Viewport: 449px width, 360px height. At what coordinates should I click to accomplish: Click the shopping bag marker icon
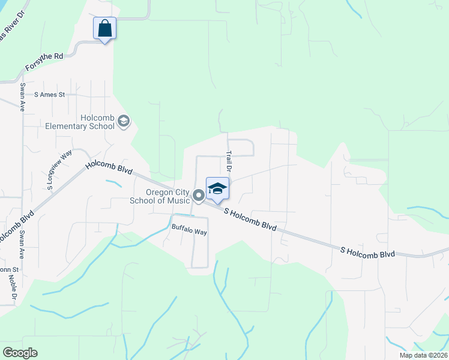pyautogui.click(x=104, y=28)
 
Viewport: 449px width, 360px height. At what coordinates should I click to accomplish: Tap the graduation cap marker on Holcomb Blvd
pyautogui.click(x=217, y=188)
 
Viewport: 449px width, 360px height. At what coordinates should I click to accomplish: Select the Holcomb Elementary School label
pyautogui.click(x=80, y=122)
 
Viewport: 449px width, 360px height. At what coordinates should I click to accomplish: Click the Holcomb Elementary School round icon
pyautogui.click(x=124, y=122)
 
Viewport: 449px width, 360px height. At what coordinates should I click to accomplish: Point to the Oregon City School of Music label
pyautogui.click(x=160, y=196)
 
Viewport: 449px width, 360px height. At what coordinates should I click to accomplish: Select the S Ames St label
pyautogui.click(x=49, y=94)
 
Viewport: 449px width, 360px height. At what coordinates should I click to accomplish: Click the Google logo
pyautogui.click(x=20, y=353)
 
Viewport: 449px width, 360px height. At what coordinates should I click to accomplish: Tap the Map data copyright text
pyautogui.click(x=423, y=355)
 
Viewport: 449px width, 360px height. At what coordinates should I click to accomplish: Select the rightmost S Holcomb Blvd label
pyautogui.click(x=367, y=251)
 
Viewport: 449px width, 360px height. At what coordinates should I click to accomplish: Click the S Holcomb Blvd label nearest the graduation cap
pyautogui.click(x=250, y=220)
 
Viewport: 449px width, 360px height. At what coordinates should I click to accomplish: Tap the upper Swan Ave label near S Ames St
pyautogui.click(x=22, y=97)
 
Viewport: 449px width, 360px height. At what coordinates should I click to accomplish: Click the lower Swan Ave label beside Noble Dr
pyautogui.click(x=23, y=245)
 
